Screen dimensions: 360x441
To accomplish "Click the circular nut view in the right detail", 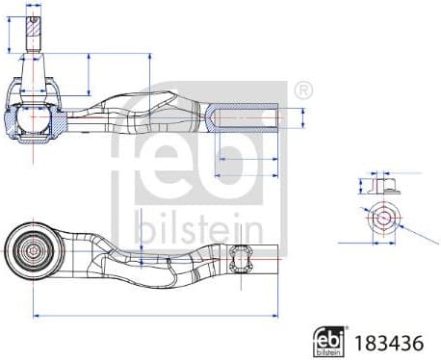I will click(383, 217).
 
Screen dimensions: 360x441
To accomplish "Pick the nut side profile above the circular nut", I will click(382, 185).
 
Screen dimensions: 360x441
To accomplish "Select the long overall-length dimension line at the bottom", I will click(154, 314).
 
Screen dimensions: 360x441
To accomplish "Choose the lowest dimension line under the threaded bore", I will click(247, 176).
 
